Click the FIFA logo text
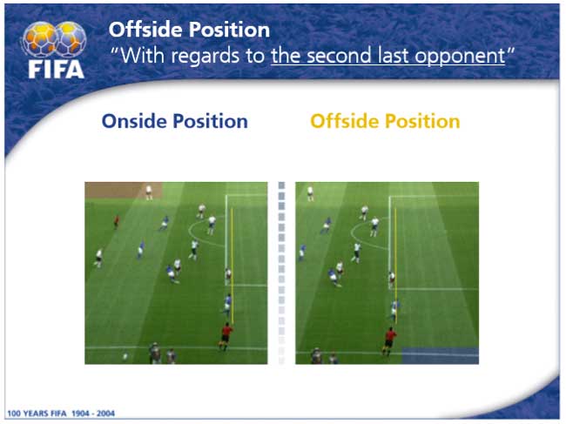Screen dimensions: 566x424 tap(57, 69)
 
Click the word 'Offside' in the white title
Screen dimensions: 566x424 tap(145, 30)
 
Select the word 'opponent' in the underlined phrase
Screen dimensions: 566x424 tap(460, 57)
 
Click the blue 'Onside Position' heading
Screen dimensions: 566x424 tap(175, 121)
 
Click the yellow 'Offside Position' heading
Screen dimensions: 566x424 tap(385, 121)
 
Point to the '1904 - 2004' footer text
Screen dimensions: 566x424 tap(93, 414)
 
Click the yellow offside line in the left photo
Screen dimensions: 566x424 tap(232, 266)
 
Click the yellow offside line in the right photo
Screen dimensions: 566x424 tap(395, 266)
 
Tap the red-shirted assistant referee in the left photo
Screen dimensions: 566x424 tap(226, 337)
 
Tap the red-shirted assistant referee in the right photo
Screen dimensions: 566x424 tap(389, 341)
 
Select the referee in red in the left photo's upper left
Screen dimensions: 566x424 tap(116, 222)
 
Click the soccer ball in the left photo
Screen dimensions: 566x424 tap(125, 356)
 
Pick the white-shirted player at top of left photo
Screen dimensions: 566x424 tap(149, 192)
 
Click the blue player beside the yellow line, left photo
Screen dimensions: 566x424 tap(226, 305)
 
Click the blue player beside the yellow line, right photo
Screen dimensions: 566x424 tap(394, 310)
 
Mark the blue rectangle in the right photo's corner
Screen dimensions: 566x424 tap(441, 356)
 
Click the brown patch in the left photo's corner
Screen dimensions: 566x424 tap(124, 190)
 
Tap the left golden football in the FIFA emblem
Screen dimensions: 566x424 tap(40, 39)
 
